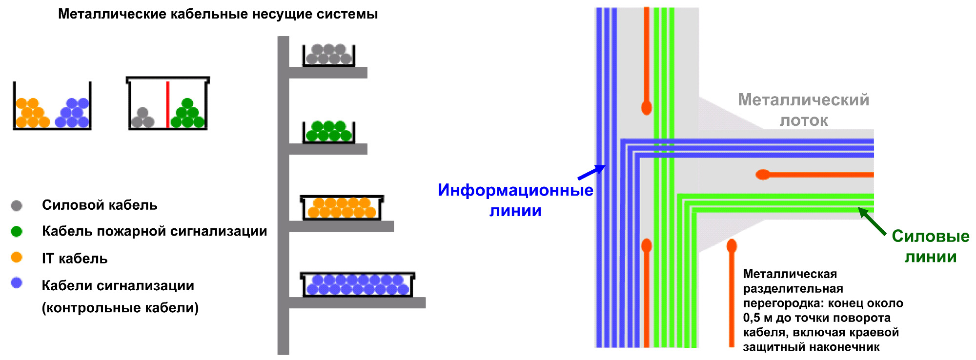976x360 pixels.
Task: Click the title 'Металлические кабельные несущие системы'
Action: point(218,14)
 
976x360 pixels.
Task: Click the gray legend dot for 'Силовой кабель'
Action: point(17,205)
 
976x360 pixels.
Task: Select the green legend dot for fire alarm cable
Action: point(17,231)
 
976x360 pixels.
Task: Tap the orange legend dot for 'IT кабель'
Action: point(17,257)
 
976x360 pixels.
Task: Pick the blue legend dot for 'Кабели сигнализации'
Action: point(17,283)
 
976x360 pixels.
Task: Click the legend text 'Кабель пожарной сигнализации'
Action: point(154,231)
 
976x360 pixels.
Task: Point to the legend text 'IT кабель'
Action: point(75,259)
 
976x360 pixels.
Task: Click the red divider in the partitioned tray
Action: point(168,104)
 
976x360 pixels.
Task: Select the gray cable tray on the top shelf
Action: point(328,55)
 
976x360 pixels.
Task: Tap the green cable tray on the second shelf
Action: point(328,132)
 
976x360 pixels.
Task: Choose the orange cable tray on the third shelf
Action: point(342,208)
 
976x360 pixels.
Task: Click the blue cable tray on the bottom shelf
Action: point(357,285)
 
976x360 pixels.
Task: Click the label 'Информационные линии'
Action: point(515,200)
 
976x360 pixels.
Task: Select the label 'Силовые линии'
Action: point(930,246)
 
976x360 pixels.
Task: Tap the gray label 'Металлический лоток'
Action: point(804,110)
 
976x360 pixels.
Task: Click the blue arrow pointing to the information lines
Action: point(591,173)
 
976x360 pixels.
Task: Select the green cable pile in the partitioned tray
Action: point(187,115)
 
